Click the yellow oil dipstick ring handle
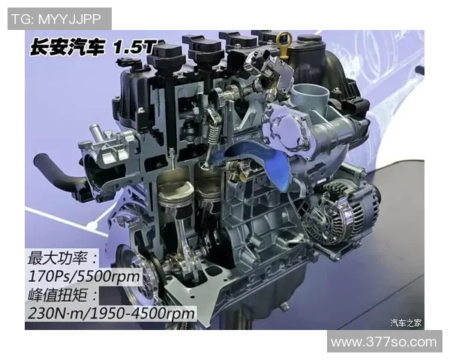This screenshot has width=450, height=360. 285,37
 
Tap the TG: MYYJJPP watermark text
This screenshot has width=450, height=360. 56,19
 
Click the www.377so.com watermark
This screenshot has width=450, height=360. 384,342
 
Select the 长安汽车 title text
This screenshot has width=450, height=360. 67,47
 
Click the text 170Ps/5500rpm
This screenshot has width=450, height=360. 84,276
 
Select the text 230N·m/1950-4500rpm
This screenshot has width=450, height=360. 111,313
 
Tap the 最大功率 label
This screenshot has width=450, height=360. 58,258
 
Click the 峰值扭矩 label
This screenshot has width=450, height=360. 58,295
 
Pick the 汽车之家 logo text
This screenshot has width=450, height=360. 406,322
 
